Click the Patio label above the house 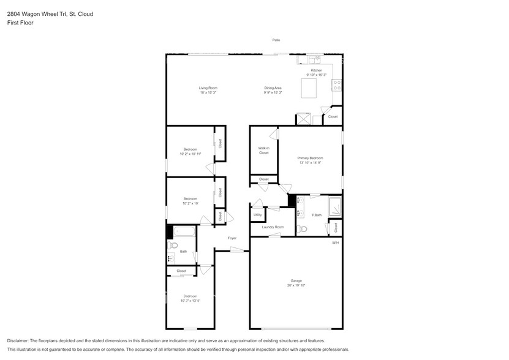coord(276,40)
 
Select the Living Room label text coord(208,88)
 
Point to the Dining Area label coord(273,88)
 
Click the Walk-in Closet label coord(263,150)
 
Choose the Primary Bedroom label coord(310,158)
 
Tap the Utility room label coord(258,215)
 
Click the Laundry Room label coord(273,227)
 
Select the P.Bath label coord(317,215)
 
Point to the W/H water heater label coord(335,243)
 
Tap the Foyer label coord(232,238)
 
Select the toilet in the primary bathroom coord(302,230)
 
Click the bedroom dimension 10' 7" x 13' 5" coord(190,301)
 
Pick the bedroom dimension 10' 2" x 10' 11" coord(190,154)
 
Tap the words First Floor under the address coord(21,23)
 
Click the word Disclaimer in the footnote coord(18,340)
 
